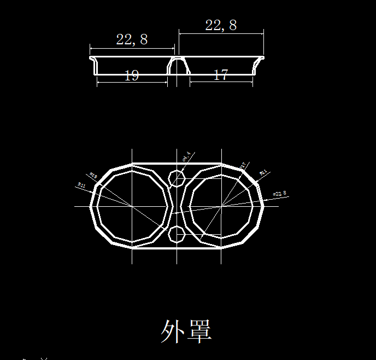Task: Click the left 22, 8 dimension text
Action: [x=132, y=39]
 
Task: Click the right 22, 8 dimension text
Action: [x=221, y=25]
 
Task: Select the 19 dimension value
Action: [x=132, y=76]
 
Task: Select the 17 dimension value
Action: [x=221, y=76]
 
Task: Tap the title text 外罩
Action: [x=186, y=331]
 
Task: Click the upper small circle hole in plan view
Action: [x=177, y=178]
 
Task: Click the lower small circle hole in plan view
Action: [x=177, y=235]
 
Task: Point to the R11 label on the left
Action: [x=81, y=186]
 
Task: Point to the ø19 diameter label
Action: [x=93, y=176]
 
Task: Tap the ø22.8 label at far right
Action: [x=279, y=194]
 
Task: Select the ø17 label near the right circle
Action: [x=243, y=165]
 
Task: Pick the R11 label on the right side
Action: [x=263, y=172]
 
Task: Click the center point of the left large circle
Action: [x=132, y=206]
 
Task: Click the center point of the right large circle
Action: [x=221, y=206]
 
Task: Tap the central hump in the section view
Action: [x=177, y=63]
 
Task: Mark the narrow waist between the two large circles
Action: [x=177, y=206]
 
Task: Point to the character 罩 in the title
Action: [x=199, y=331]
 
